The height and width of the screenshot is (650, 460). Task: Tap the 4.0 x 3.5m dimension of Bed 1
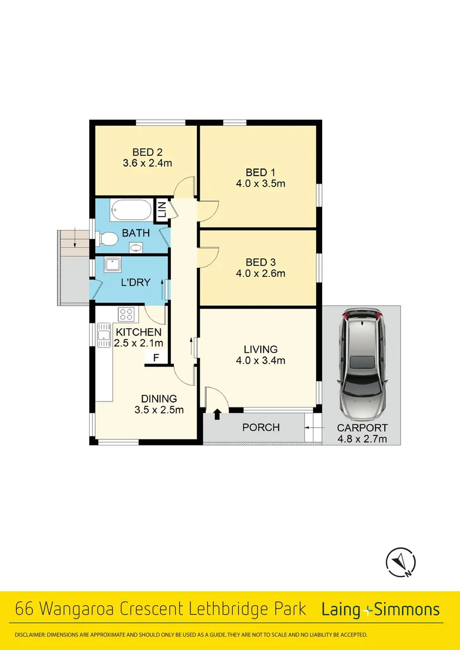261,184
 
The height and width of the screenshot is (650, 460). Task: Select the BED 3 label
261,262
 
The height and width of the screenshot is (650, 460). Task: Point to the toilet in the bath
107,240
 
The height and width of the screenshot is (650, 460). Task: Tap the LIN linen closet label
161,209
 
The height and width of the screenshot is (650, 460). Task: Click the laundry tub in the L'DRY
113,265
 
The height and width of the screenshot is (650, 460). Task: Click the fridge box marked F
156,358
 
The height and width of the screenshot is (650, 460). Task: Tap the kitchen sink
103,332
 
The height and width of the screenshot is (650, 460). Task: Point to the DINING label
159,398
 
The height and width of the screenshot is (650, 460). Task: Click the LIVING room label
261,349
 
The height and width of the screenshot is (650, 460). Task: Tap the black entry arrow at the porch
217,414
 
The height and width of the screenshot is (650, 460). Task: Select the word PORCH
261,427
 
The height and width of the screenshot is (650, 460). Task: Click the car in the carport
362,364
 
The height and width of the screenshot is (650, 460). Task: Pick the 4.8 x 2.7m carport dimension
362,439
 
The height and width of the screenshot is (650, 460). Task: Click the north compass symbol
400,562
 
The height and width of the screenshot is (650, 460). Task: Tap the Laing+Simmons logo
381,610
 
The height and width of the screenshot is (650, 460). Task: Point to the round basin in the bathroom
136,247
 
